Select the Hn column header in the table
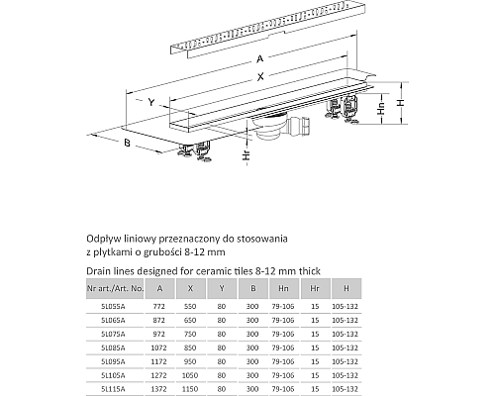pyautogui.click(x=284, y=288)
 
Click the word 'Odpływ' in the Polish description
pyautogui.click(x=102, y=238)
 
